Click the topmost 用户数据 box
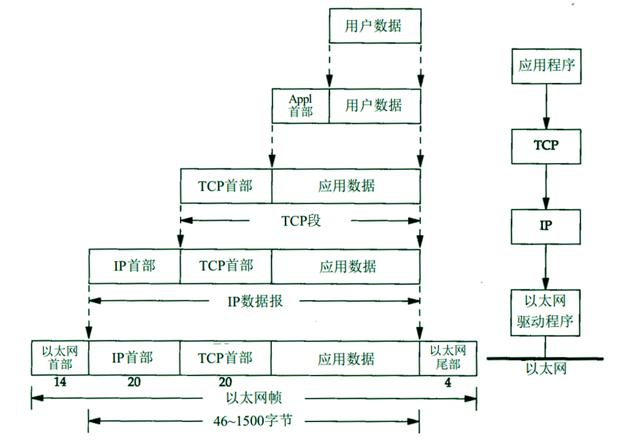tap(374, 26)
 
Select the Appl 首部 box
tap(300, 106)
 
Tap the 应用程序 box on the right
tap(546, 66)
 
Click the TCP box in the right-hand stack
tap(546, 145)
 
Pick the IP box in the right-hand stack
tap(546, 225)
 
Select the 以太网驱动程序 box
tap(546, 312)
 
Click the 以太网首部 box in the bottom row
tap(60, 357)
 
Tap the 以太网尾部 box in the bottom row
tap(448, 357)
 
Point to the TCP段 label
tap(301, 221)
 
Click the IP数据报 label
tap(254, 301)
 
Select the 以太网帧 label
tap(254, 398)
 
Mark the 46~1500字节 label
tap(254, 420)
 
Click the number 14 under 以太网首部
tap(60, 382)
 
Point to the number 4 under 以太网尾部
tap(448, 382)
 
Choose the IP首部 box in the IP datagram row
tap(134, 266)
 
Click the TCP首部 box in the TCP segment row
tap(226, 186)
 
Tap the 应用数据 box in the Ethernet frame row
tap(346, 358)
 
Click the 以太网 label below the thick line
tap(546, 369)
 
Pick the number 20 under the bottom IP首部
tap(133, 382)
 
